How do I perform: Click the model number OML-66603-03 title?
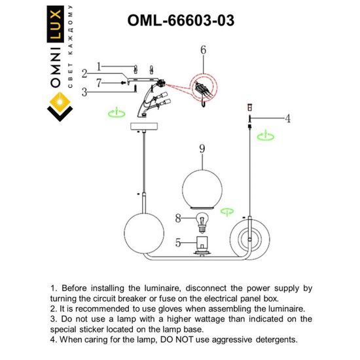click(x=180, y=20)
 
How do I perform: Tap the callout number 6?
click(x=203, y=50)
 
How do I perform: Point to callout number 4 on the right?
click(x=286, y=118)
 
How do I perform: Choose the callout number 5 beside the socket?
click(x=178, y=242)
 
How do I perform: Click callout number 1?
click(x=99, y=66)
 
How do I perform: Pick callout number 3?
click(x=84, y=93)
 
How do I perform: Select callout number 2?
click(x=84, y=73)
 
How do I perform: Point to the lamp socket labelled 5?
click(x=202, y=245)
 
